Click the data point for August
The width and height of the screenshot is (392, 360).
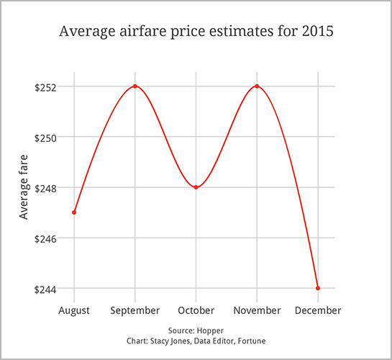tap(74, 212)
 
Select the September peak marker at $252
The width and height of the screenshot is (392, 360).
tap(135, 86)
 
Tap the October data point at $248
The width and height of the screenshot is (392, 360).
tap(196, 187)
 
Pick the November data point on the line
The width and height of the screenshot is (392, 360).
tap(257, 86)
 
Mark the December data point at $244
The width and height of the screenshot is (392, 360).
tap(317, 288)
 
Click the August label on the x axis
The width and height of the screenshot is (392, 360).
tap(74, 310)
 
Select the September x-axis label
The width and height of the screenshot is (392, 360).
tap(135, 310)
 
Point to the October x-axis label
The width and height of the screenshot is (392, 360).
tap(196, 310)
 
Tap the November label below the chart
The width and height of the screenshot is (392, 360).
tap(257, 310)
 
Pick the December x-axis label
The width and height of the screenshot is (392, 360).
tap(317, 310)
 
